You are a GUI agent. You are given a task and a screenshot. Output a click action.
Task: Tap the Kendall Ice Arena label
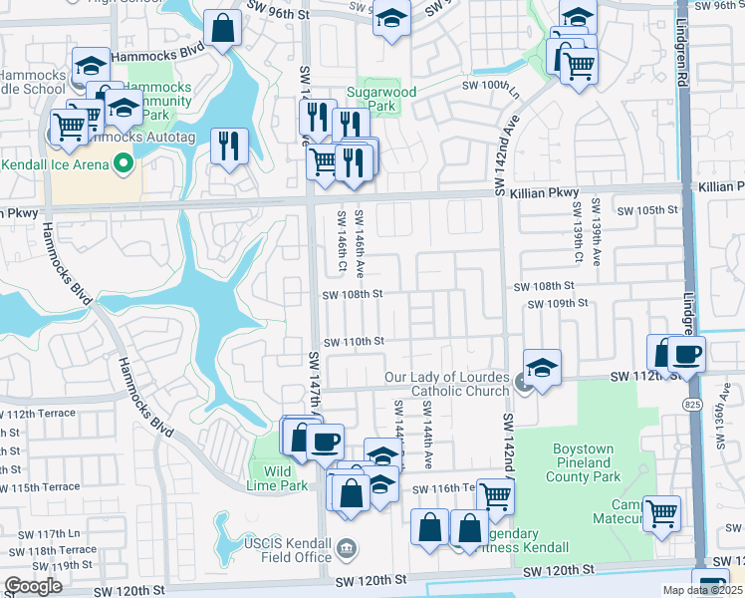[55, 163]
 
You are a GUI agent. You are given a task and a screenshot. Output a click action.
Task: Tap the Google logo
[33, 586]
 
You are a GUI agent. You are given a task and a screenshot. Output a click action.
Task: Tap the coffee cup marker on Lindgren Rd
[685, 354]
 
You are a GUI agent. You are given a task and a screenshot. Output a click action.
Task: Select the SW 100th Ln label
[491, 86]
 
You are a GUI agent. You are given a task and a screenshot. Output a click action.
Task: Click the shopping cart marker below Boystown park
[661, 513]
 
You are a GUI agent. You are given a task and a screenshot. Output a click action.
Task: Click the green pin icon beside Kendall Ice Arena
[124, 162]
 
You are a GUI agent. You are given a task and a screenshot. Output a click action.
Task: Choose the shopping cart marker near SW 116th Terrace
[495, 495]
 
